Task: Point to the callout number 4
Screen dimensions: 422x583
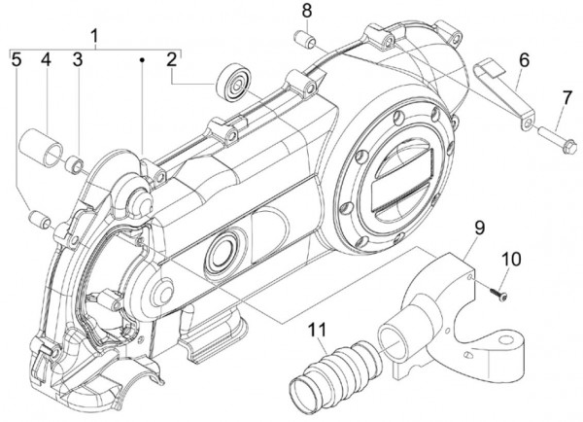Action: (45, 60)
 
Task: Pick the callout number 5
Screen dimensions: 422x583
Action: (17, 60)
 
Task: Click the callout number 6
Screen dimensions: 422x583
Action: (523, 59)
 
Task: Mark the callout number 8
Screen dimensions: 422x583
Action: (306, 12)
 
